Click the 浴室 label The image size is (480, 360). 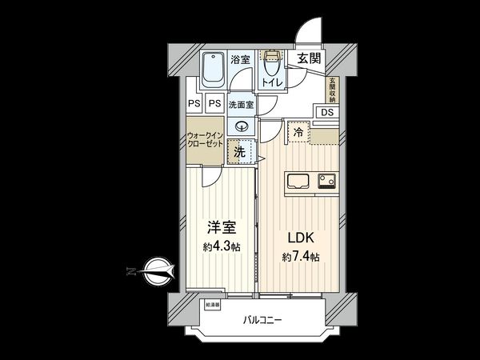(241, 58)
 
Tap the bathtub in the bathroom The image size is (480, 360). (213, 70)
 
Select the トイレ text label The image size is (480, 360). (270, 81)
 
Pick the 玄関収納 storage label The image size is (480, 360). (331, 89)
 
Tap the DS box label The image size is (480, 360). (328, 112)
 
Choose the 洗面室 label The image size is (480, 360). (241, 104)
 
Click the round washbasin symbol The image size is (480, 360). (242, 126)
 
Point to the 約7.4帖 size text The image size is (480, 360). (300, 257)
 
